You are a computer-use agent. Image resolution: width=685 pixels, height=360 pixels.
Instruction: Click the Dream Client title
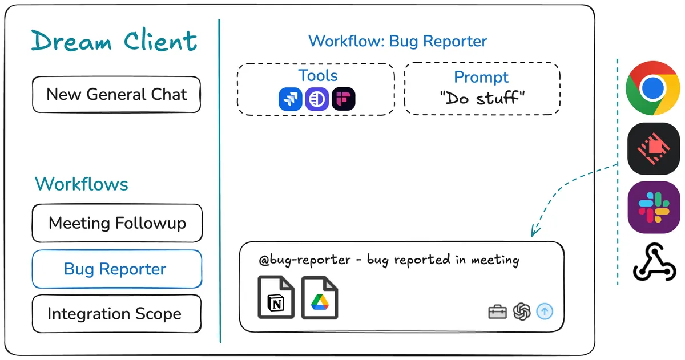[x=114, y=42]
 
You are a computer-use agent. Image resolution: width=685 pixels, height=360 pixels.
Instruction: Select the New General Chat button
[x=116, y=94]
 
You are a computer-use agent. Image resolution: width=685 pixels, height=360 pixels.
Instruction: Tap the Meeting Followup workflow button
[x=117, y=223]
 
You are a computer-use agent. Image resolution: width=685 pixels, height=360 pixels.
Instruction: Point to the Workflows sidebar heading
[x=82, y=184]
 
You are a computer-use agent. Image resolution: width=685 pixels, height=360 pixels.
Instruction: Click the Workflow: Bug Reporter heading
[x=397, y=41]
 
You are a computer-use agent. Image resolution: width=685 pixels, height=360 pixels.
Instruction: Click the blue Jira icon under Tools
[x=290, y=99]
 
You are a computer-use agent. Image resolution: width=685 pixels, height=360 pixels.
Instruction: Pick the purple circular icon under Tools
[x=317, y=99]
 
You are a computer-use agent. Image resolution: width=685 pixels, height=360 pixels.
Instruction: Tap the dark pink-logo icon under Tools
[x=344, y=99]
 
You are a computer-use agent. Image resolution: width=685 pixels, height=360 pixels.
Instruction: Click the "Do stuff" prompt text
[x=482, y=98]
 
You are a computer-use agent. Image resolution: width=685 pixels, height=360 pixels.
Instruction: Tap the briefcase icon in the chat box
[x=497, y=312]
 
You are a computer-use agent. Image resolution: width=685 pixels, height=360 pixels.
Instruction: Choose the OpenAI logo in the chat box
[x=522, y=312]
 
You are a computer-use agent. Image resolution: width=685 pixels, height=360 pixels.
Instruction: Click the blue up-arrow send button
[x=545, y=312]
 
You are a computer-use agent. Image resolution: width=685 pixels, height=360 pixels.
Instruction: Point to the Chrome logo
[x=653, y=88]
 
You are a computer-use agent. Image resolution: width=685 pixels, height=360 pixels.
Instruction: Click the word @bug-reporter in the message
[x=305, y=260]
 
